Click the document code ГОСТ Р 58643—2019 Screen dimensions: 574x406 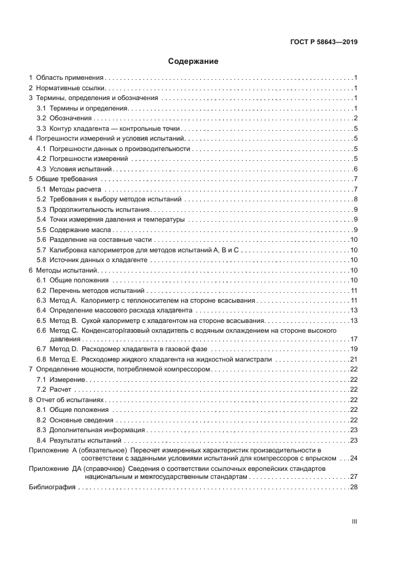(323, 42)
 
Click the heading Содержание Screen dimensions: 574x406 (193, 61)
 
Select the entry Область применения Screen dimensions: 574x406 (69, 78)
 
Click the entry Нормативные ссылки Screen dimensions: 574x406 (71, 88)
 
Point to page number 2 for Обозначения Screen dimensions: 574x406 (356, 118)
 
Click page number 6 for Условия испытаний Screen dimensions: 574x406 (356, 169)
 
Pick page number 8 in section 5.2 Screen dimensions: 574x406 (356, 200)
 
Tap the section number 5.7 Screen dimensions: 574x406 (41, 250)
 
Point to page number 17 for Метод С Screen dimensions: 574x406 (354, 339)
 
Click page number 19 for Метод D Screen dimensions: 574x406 (354, 349)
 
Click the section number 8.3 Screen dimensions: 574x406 (41, 430)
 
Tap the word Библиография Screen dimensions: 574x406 (52, 487)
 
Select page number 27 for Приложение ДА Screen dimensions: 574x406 (354, 476)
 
